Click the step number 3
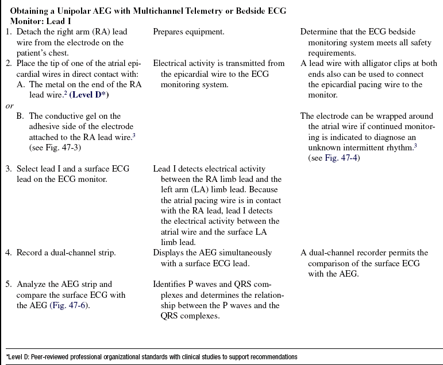[8, 169]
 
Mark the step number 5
[8, 284]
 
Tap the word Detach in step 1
[29, 32]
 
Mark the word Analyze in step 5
[32, 284]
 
